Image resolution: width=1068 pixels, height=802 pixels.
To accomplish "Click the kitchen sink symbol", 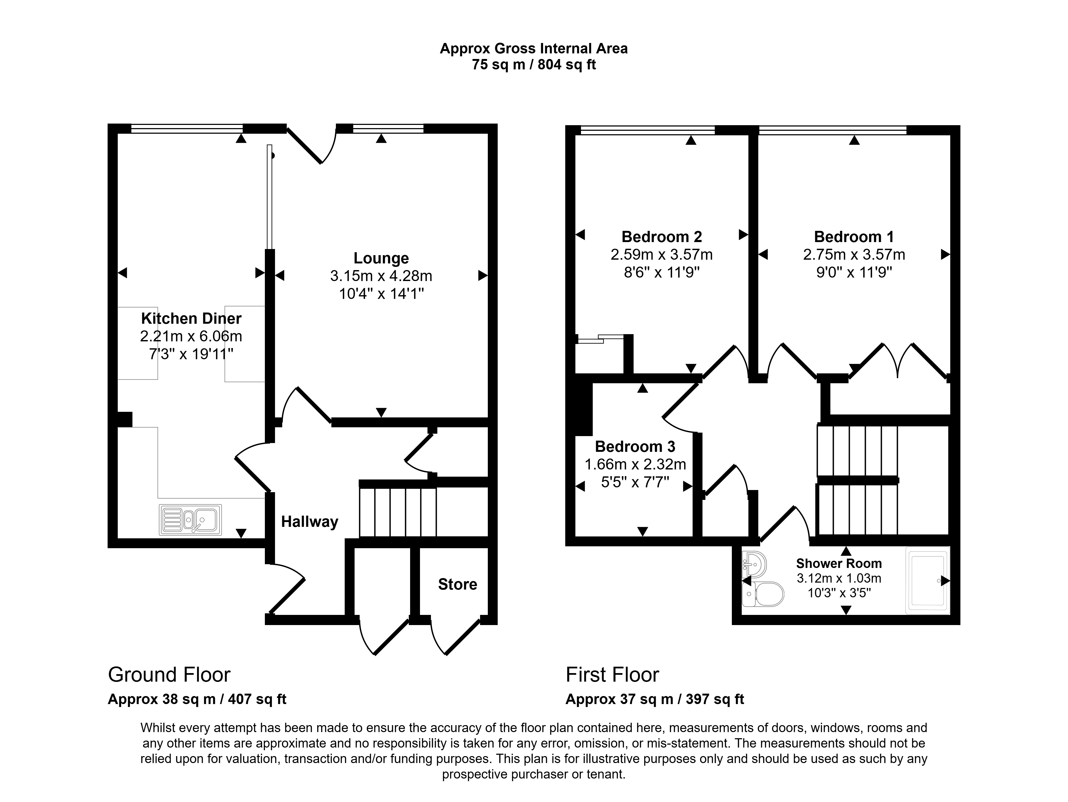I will click(x=190, y=520).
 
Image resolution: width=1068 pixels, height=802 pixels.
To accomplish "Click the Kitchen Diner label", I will click(x=191, y=318).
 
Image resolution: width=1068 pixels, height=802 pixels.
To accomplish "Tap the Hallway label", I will click(x=309, y=522).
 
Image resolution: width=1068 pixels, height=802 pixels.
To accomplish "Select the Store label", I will click(x=457, y=584).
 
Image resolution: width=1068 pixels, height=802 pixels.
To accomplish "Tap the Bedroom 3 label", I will click(x=635, y=446).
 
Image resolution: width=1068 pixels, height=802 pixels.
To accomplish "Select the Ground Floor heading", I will click(x=169, y=675).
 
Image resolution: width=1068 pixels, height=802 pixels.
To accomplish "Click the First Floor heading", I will click(x=612, y=675).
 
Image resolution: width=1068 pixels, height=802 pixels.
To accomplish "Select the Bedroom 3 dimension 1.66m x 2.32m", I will click(x=635, y=464).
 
